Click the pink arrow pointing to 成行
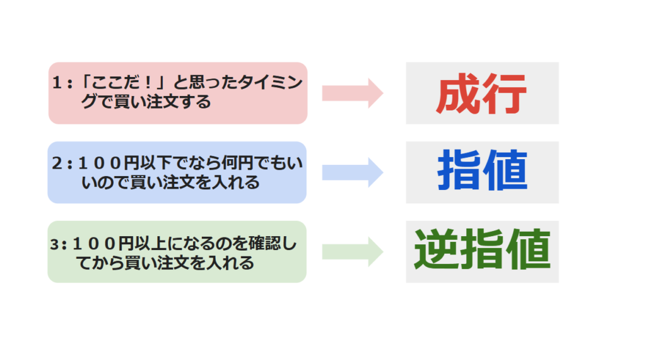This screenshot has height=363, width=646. (x=353, y=93)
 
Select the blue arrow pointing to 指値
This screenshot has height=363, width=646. (x=353, y=172)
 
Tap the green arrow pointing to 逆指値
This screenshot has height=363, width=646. (x=353, y=252)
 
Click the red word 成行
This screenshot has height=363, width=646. (x=481, y=93)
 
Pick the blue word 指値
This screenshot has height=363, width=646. (x=483, y=170)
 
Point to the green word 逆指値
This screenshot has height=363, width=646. (x=483, y=249)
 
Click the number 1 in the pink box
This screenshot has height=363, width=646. (x=56, y=83)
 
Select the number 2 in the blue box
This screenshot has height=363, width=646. (x=57, y=164)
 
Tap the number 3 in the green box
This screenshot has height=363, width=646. (x=54, y=244)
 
